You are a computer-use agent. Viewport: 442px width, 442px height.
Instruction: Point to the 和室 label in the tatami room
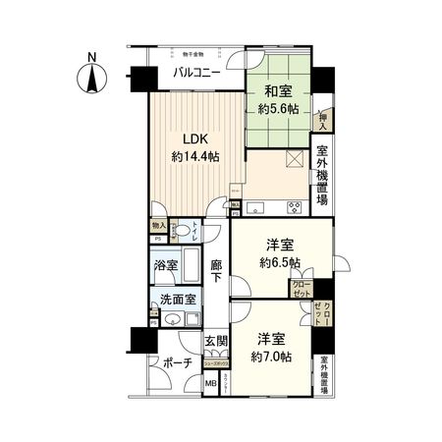275,92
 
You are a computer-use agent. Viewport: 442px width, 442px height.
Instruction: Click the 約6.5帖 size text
281,263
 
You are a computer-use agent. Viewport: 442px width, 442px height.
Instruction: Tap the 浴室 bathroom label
165,266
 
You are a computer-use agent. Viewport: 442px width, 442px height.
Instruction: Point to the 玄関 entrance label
216,342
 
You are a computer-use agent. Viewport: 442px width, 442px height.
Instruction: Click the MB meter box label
210,381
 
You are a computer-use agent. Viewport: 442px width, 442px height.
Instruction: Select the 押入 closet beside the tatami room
322,120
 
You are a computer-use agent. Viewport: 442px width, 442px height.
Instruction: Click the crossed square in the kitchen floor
294,161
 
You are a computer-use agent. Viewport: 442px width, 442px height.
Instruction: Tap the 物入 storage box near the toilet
158,227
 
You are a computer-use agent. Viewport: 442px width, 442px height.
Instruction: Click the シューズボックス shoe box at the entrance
215,361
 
